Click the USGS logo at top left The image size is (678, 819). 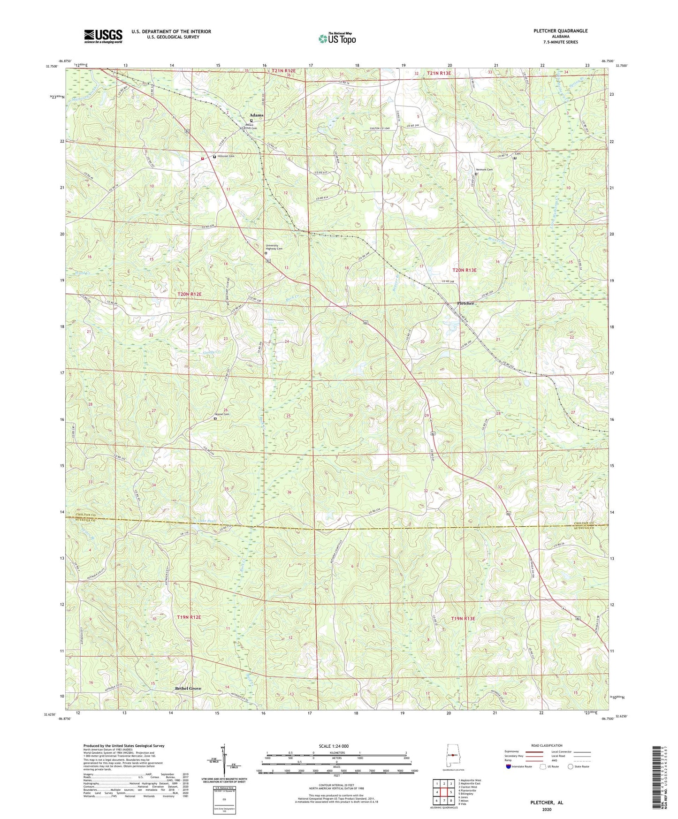tap(103, 36)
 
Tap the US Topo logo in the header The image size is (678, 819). tap(336, 38)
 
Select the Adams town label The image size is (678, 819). tap(256, 115)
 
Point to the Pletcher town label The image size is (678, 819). tap(465, 303)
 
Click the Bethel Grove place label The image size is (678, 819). tap(188, 688)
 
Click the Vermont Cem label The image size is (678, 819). tap(484, 170)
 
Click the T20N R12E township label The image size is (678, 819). tap(190, 294)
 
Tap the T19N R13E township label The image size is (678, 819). tap(463, 619)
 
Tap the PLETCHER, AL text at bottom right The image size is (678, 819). tap(546, 803)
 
